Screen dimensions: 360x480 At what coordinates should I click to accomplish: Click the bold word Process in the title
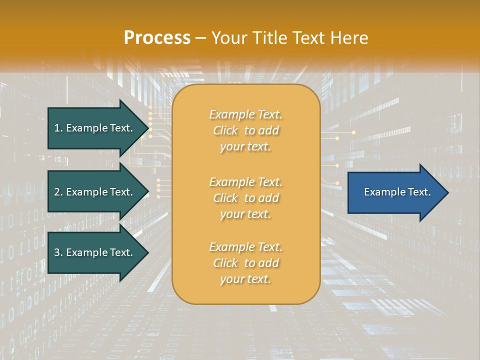pos(157,38)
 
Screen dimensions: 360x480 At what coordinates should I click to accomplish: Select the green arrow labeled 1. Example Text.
pos(93,128)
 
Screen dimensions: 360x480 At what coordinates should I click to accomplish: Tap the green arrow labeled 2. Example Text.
pos(93,192)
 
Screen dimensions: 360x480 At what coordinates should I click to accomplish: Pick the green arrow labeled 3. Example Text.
pos(93,252)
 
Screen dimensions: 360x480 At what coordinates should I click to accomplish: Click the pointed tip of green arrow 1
pos(147,128)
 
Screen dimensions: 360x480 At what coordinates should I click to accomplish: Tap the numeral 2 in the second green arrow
pos(57,192)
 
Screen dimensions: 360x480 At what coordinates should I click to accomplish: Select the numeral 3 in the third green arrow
pos(57,252)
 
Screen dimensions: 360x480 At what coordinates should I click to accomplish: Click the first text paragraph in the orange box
pos(245,130)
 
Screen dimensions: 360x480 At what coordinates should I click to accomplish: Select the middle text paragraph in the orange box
pos(245,198)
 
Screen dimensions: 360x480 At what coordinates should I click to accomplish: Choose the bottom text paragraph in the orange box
pos(245,263)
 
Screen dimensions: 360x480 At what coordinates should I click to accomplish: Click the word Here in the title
pos(350,38)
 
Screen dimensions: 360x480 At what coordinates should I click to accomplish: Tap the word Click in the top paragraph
pos(225,130)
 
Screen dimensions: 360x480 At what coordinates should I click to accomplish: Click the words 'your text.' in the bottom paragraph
pos(245,279)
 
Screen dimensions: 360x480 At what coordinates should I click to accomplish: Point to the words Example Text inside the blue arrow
pos(397,192)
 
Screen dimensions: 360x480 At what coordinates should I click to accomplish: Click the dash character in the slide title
pos(201,38)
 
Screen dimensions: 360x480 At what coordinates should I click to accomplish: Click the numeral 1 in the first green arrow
pos(56,128)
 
